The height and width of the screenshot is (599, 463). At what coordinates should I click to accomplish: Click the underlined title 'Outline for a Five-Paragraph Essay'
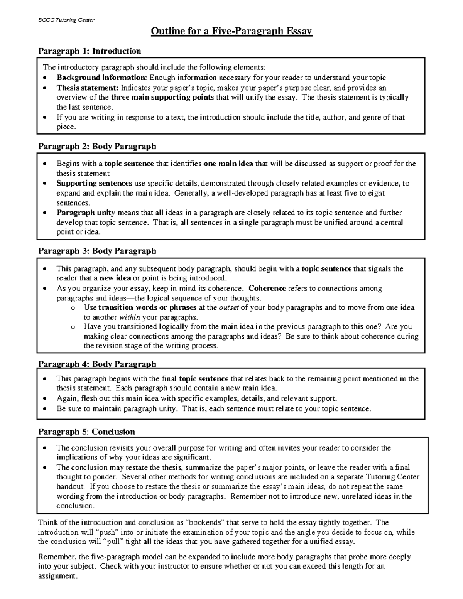pyautogui.click(x=231, y=31)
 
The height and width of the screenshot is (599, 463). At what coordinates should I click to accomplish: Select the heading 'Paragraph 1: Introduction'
pyautogui.click(x=90, y=51)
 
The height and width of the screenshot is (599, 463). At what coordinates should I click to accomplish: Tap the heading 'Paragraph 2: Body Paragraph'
pyautogui.click(x=97, y=146)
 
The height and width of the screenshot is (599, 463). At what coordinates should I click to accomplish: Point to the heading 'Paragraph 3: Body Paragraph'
pyautogui.click(x=97, y=251)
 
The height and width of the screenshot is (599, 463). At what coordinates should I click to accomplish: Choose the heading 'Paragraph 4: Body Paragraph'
pyautogui.click(x=97, y=364)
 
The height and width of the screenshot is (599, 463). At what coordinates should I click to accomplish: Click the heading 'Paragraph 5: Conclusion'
pyautogui.click(x=86, y=432)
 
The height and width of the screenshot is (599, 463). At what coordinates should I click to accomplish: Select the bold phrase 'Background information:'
pyautogui.click(x=102, y=78)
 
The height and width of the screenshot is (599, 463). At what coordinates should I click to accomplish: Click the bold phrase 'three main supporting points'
pyautogui.click(x=162, y=97)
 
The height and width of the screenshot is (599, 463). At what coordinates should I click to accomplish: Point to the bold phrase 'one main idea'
pyautogui.click(x=228, y=164)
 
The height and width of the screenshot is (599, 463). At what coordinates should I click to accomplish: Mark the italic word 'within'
pyautogui.click(x=130, y=317)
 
